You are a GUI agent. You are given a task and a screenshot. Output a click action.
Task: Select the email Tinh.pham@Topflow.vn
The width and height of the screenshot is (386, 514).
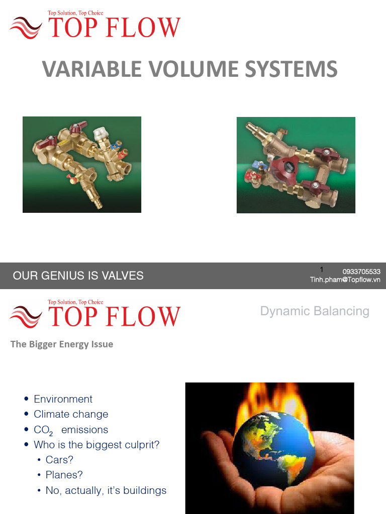pos(345,280)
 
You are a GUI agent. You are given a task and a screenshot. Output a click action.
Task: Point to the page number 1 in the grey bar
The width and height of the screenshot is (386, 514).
pos(322,270)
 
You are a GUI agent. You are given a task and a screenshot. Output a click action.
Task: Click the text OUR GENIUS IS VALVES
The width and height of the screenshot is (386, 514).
pos(78,276)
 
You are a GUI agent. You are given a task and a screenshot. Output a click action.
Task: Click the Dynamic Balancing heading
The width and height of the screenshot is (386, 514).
pos(315,311)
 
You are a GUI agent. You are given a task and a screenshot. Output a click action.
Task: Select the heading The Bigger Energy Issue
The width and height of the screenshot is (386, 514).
pos(62,344)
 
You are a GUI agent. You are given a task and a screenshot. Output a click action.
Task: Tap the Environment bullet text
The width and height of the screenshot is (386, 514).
pos(63,399)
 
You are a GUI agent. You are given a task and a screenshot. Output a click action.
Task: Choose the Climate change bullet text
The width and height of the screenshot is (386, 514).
pos(71,414)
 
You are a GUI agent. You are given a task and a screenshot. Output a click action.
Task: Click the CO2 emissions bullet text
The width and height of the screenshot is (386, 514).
pos(70,430)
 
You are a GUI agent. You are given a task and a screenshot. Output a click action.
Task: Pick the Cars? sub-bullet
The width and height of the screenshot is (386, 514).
pos(59,460)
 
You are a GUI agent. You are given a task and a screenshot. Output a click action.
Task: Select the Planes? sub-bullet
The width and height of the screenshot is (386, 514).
pos(64,475)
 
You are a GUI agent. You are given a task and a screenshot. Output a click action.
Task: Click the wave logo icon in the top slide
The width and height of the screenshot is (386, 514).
pos(26,28)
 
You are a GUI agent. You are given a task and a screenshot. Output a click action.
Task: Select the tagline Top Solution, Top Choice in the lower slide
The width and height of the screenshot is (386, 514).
pos(75,302)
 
